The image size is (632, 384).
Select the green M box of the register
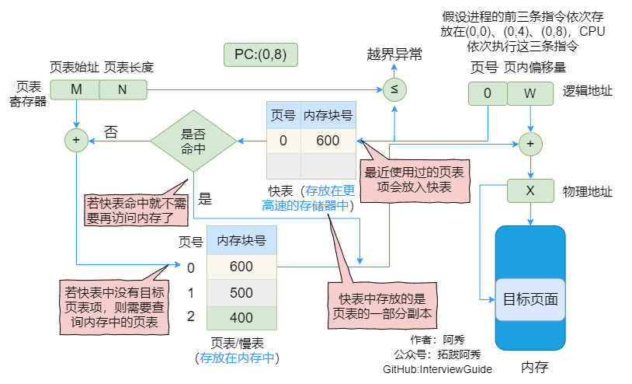(x=76, y=89)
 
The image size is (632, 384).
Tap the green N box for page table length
(x=122, y=89)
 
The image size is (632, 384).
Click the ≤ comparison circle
(x=394, y=89)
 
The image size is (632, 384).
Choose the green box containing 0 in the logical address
(x=487, y=93)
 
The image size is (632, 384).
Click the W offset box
(x=530, y=93)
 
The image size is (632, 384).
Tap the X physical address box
(x=530, y=190)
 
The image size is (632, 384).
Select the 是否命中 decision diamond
(x=193, y=141)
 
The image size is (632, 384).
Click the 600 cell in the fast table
(x=328, y=141)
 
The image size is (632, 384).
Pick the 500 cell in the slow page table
(x=241, y=292)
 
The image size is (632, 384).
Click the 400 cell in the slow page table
(x=241, y=318)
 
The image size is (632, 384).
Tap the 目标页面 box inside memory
(x=530, y=299)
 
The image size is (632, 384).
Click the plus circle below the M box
(x=76, y=141)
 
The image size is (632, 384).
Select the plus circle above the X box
(x=530, y=144)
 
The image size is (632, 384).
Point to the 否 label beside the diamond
(x=111, y=131)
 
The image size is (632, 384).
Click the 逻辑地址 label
(x=588, y=91)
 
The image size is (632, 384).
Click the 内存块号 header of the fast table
(x=328, y=116)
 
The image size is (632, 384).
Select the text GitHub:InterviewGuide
(x=437, y=369)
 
